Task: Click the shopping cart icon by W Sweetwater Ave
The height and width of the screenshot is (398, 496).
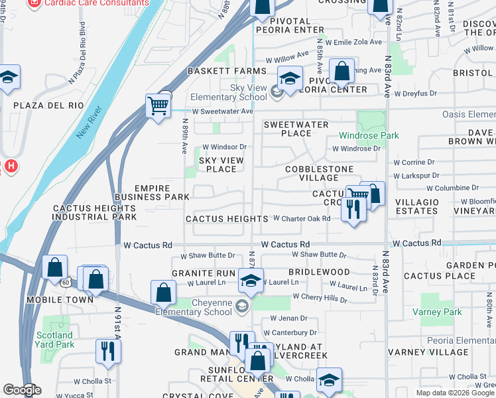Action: pos(158,105)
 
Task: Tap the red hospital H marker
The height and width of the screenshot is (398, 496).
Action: pos(9,166)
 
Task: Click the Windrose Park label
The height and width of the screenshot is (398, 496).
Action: pos(369,135)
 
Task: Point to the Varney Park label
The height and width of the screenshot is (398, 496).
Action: pos(442,312)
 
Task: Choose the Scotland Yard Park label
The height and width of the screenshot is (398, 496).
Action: pos(55,340)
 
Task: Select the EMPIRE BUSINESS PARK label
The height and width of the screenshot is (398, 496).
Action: pos(152,192)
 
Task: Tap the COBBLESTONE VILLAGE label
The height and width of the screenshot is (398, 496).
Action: pos(312,173)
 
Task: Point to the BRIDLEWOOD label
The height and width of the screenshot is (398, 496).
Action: pos(319,272)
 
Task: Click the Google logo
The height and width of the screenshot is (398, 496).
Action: pos(21,390)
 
